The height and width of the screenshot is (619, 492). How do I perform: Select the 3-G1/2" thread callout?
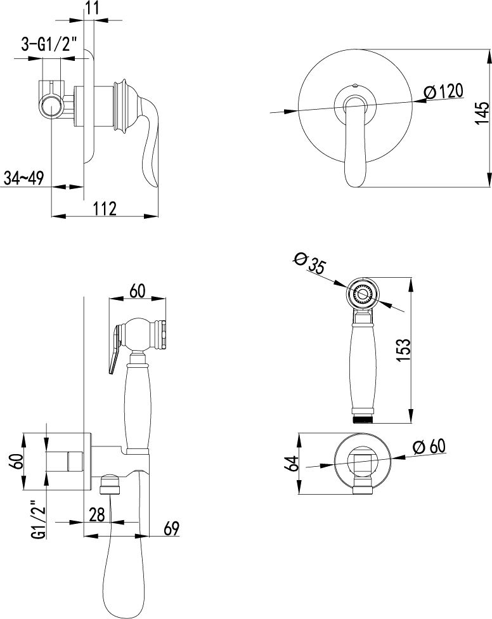point(49,44)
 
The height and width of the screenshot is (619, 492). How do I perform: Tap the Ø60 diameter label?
point(429,447)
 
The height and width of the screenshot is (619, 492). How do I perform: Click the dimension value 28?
point(96,514)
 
